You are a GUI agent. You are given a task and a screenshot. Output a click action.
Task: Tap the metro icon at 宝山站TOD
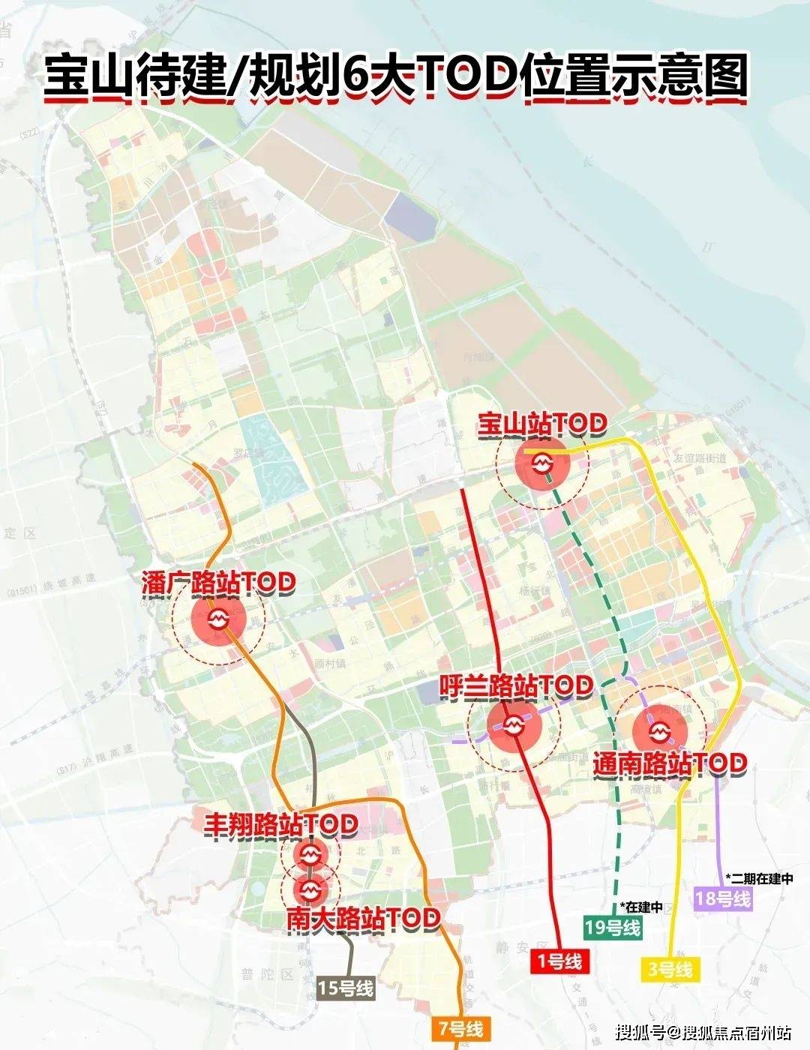tap(542, 462)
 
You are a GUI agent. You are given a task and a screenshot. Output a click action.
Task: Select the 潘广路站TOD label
tap(218, 583)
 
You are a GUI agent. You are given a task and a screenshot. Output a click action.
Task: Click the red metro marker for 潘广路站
tap(218, 619)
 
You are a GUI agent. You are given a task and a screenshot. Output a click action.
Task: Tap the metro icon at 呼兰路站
tap(514, 725)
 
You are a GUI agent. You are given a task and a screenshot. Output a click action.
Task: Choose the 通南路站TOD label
tap(670, 763)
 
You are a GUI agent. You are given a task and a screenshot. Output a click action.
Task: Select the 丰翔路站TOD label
tap(280, 824)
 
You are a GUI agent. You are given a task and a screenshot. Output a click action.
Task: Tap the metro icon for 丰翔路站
tap(310, 854)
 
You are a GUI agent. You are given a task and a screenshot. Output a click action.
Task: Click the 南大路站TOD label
tap(363, 917)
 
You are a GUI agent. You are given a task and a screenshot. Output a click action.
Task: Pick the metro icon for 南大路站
tap(310, 889)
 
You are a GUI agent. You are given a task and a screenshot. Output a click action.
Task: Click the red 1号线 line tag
tap(559, 961)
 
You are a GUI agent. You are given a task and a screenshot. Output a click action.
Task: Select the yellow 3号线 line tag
tap(669, 969)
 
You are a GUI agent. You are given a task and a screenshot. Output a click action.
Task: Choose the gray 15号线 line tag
tap(345, 988)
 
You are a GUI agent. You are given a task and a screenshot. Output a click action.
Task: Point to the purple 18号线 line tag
tap(723, 898)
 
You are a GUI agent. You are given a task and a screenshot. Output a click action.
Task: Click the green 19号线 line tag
tap(613, 927)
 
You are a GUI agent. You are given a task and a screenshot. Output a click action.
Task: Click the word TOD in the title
tap(464, 76)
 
